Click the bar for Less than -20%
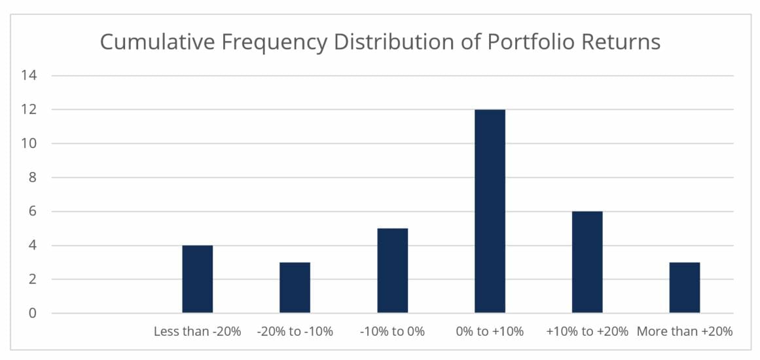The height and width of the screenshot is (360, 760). tap(197, 279)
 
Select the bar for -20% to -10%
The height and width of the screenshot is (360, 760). tap(295, 288)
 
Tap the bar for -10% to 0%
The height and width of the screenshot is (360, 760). tap(392, 271)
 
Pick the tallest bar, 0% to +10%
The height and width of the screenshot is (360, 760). tap(490, 211)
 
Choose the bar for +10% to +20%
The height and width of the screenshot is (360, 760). tap(587, 262)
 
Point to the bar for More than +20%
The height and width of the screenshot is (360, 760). tap(685, 288)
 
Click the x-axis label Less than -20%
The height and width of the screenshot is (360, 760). tap(197, 332)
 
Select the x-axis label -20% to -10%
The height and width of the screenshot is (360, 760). tap(295, 332)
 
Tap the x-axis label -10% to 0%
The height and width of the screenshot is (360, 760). tap(392, 332)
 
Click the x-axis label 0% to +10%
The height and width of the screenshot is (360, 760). tap(490, 332)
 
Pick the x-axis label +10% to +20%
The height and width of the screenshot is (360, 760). tap(587, 332)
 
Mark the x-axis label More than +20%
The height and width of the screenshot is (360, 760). tap(685, 332)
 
